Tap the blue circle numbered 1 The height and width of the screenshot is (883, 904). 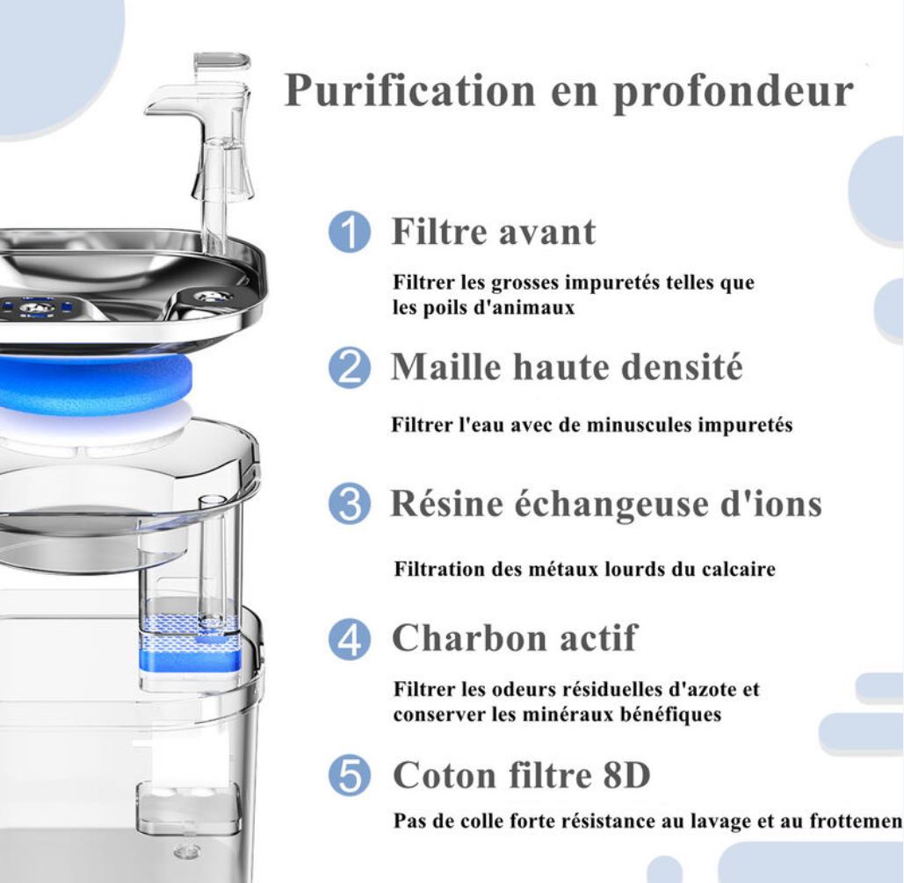(350, 233)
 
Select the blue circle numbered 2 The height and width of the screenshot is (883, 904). (350, 369)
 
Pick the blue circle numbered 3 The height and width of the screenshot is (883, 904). (350, 505)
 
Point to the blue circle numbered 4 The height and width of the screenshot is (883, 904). (350, 640)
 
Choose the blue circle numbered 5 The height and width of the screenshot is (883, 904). (350, 776)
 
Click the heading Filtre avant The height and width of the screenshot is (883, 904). (494, 233)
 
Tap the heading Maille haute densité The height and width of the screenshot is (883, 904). (567, 367)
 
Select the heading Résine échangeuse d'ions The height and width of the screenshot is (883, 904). (606, 504)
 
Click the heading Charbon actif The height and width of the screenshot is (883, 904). (515, 638)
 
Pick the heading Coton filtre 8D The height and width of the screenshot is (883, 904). (522, 775)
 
